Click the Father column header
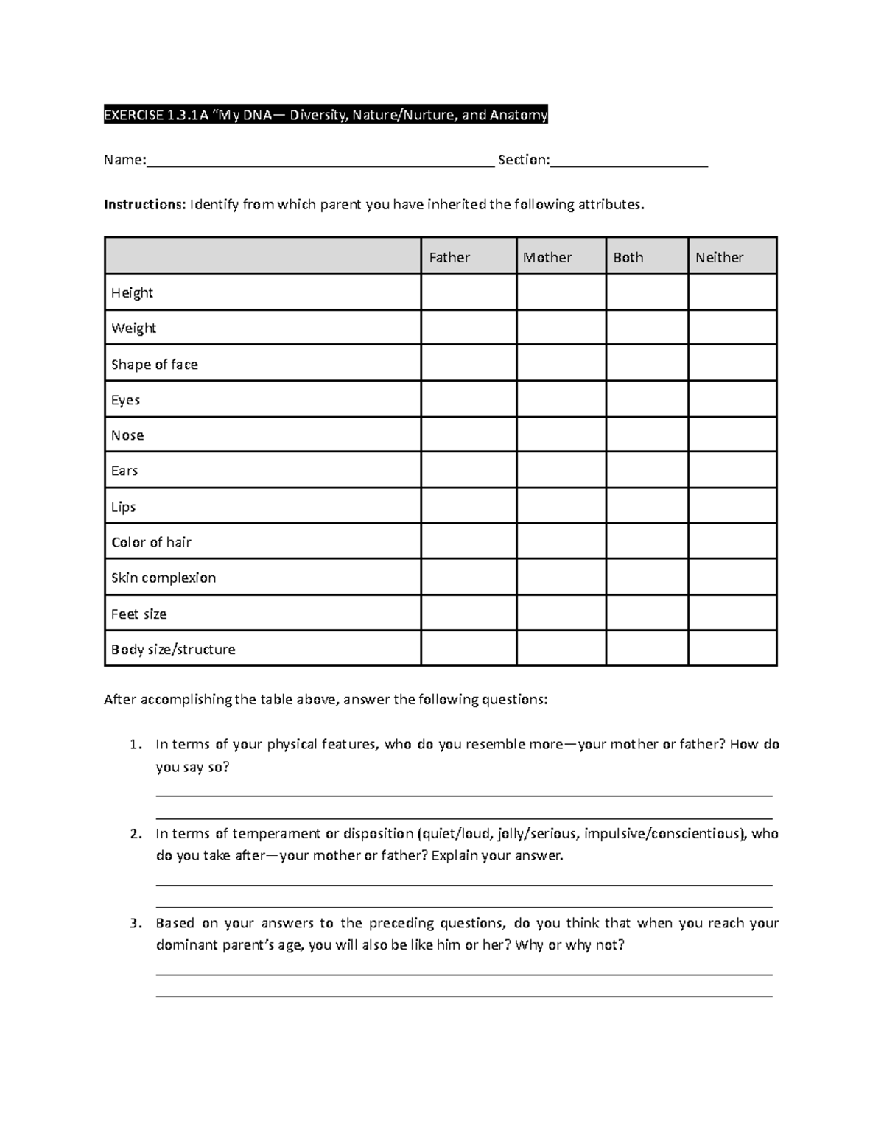449,257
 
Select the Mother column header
547,257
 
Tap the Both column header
628,257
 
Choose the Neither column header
720,257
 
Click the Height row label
132,292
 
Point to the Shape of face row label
155,364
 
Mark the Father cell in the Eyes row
469,399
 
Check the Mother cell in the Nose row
561,435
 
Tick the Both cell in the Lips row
647,506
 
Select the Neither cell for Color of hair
732,541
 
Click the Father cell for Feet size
469,613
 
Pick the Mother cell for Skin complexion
561,578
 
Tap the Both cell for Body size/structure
647,648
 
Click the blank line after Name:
320,161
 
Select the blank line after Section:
629,161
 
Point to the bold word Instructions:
145,204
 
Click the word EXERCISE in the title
133,115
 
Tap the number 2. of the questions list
135,834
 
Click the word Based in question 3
175,923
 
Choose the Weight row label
133,328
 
